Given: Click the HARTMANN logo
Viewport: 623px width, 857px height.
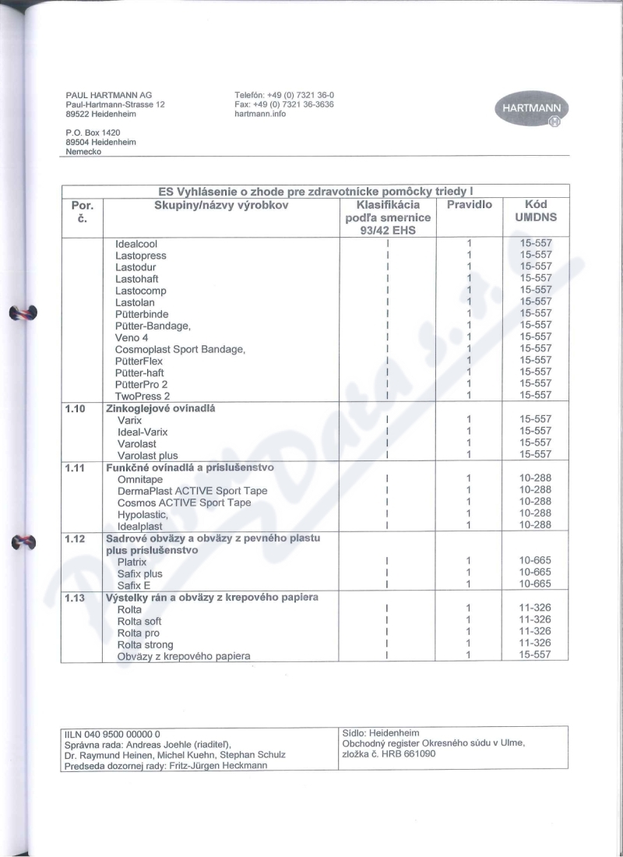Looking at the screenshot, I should click(531, 113).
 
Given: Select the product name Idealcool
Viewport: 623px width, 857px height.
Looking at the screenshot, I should click(136, 244).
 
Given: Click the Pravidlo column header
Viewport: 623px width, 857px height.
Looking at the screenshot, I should click(469, 205).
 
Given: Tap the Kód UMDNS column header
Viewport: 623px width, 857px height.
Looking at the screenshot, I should click(535, 212).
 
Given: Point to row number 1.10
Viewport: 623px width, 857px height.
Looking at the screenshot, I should click(76, 407).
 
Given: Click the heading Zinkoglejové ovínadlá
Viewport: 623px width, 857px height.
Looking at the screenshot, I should click(160, 407).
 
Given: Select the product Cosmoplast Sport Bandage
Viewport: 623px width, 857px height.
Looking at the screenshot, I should click(180, 349).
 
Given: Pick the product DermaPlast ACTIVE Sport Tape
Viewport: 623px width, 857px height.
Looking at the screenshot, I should click(192, 491).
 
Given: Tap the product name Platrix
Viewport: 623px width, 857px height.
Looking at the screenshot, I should click(132, 561).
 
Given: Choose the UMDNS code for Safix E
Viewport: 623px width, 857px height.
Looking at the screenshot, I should click(535, 584).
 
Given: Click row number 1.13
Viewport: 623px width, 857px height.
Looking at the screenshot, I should click(76, 598).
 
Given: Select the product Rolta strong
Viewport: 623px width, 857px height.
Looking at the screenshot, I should click(146, 644).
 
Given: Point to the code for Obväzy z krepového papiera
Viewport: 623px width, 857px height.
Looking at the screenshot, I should click(535, 654).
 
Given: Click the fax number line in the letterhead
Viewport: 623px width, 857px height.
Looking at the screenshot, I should click(283, 104).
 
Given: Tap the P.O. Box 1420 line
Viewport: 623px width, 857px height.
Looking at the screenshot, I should click(93, 133).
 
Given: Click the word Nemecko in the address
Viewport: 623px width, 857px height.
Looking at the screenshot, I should click(83, 152).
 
